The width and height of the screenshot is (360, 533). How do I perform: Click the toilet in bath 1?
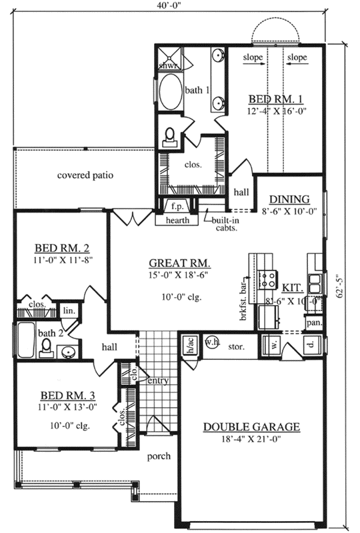tap(170, 135)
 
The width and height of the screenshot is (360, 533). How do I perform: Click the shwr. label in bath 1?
tap(167, 65)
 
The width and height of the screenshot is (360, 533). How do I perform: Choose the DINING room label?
tap(289, 199)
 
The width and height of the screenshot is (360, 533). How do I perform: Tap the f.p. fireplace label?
tap(177, 207)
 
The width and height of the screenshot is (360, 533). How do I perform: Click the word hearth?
tap(177, 220)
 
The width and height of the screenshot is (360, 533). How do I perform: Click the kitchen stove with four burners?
tap(267, 278)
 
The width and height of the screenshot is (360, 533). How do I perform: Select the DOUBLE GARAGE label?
tap(251, 426)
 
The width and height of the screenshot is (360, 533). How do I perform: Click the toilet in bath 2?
tap(46, 346)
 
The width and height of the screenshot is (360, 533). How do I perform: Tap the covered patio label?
tap(85, 176)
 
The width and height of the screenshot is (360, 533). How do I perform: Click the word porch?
tap(160, 456)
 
